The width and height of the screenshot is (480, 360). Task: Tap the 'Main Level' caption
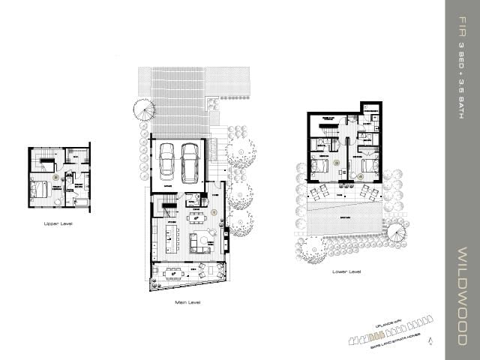point(188,302)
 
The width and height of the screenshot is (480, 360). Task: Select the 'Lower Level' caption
point(346,271)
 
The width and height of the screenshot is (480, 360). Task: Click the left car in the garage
point(167,159)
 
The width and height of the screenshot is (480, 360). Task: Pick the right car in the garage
point(190,159)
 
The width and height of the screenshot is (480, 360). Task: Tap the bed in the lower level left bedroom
point(319,166)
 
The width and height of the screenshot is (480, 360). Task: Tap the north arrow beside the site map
point(430,340)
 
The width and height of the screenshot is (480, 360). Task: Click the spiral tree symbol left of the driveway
point(144,110)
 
